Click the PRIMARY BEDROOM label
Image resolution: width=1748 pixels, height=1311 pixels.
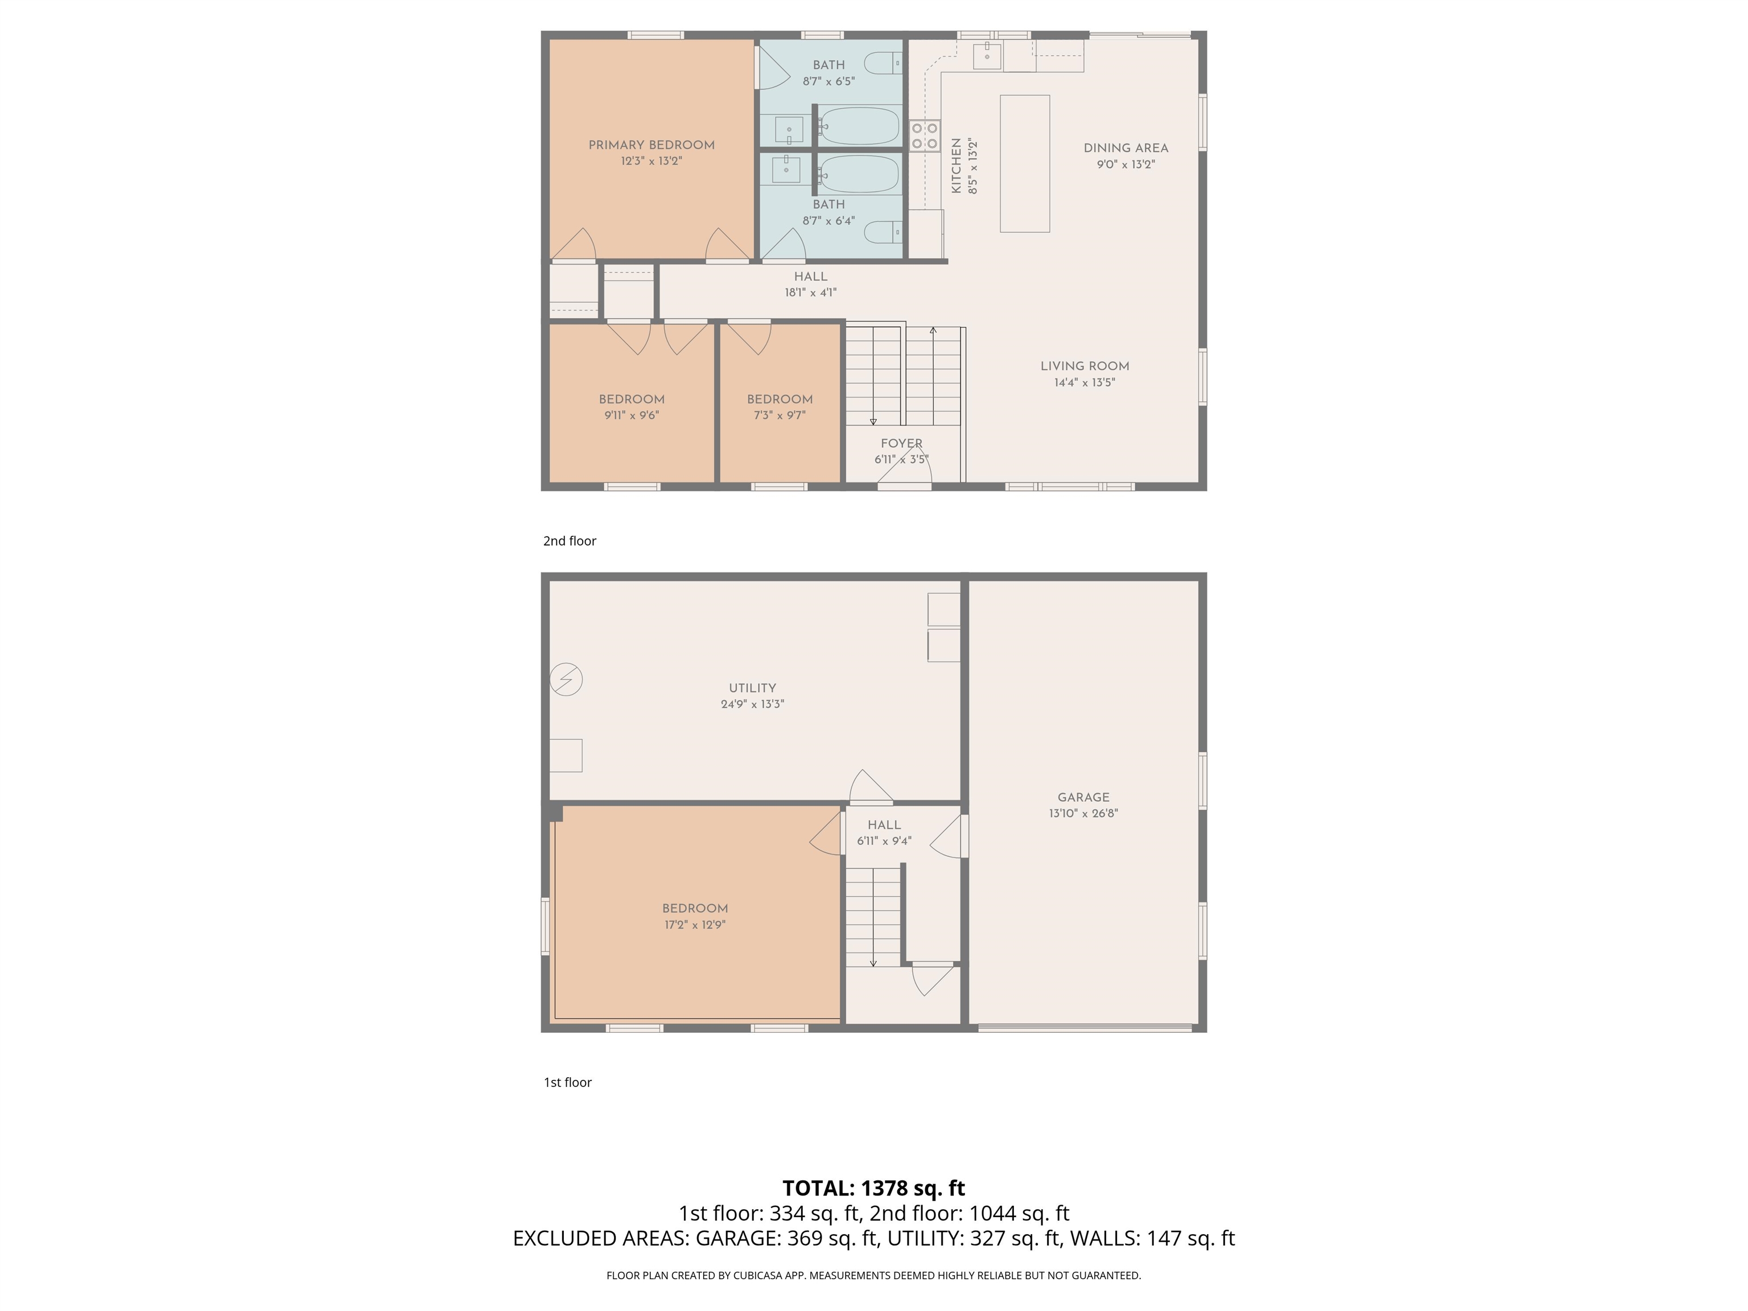point(651,146)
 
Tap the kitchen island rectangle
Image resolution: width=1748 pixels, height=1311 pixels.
point(1024,163)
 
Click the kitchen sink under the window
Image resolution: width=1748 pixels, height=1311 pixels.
point(987,56)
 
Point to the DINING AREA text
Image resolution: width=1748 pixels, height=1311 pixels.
point(1126,149)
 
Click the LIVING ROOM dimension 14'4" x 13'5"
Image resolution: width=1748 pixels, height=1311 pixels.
point(1084,382)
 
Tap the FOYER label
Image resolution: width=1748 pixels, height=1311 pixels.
point(901,443)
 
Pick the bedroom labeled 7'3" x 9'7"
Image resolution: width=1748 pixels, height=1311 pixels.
point(779,406)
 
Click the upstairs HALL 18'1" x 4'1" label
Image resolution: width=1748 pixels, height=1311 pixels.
point(810,285)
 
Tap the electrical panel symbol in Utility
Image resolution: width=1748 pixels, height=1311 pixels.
point(566,679)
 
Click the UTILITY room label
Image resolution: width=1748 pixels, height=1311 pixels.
point(752,689)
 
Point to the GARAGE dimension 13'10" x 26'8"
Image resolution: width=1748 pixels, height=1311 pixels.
point(1083,813)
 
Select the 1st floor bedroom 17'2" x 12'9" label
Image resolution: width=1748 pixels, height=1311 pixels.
point(695,916)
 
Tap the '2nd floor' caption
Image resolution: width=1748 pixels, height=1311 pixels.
point(569,541)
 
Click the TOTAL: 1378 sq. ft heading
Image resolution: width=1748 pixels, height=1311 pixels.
point(873,1188)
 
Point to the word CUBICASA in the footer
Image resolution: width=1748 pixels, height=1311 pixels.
point(758,1276)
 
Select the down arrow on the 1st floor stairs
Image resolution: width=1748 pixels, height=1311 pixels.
point(873,963)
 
